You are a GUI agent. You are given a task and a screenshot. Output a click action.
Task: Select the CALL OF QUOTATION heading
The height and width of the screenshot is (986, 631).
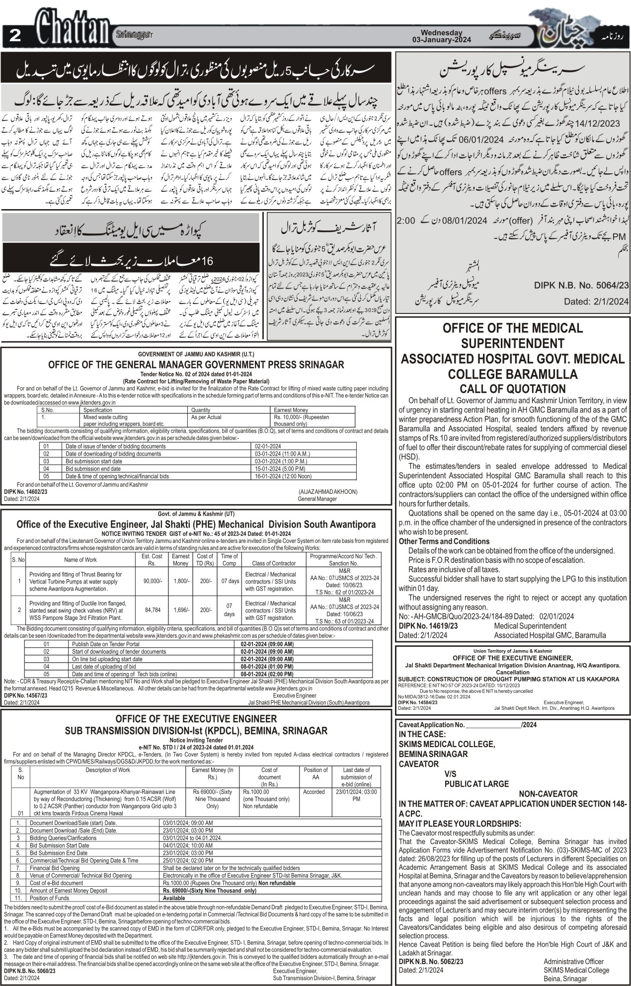(512, 388)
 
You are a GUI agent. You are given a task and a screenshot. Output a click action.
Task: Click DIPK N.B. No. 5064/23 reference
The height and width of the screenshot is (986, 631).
(581, 286)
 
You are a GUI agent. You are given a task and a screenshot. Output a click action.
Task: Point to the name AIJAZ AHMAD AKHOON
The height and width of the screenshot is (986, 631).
(327, 491)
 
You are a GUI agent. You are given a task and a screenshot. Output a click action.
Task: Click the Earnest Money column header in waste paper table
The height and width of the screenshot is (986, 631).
(291, 410)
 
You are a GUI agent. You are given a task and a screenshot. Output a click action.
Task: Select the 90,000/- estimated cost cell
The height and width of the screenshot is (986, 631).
(153, 581)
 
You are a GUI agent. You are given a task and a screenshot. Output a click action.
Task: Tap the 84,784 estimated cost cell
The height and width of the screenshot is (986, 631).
(153, 609)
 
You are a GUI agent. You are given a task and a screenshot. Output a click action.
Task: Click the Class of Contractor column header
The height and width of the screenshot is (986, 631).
(274, 563)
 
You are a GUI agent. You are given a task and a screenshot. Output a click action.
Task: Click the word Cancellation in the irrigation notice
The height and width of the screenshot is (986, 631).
(512, 672)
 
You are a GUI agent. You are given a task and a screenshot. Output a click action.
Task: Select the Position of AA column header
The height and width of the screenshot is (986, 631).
(315, 773)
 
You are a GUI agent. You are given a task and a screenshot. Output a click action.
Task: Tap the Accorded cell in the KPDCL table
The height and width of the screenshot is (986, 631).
(314, 792)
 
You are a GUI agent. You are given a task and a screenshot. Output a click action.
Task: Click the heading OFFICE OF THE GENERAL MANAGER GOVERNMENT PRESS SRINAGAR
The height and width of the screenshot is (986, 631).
(196, 365)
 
